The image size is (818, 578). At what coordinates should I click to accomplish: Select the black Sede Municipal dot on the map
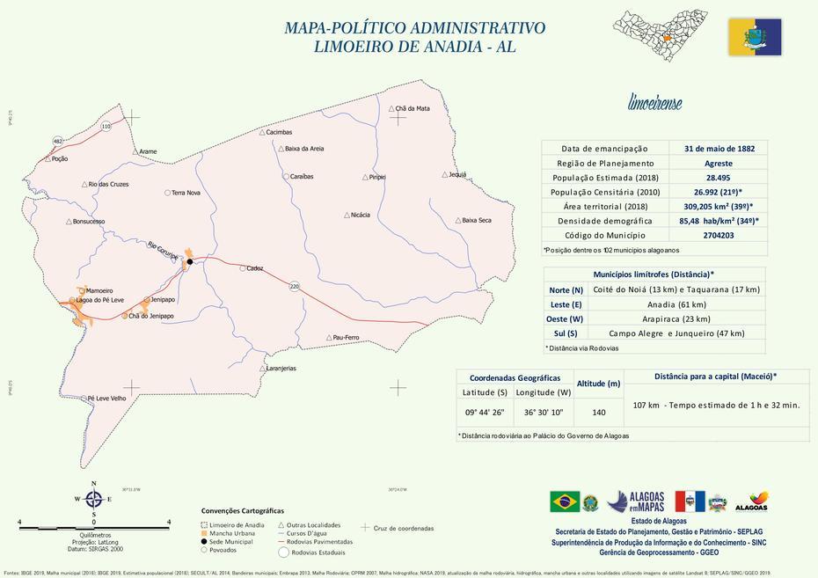tap(188, 261)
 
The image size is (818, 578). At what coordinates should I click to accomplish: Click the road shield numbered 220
tap(295, 287)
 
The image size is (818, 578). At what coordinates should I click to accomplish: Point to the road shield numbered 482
tap(58, 141)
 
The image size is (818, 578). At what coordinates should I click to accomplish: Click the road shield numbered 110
tap(106, 127)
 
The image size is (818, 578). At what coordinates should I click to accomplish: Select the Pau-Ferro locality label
tap(346, 338)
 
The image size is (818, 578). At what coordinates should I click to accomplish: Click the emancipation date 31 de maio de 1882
tap(719, 149)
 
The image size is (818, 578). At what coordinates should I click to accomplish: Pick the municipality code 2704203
tap(719, 235)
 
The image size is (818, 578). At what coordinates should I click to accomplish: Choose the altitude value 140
tap(599, 412)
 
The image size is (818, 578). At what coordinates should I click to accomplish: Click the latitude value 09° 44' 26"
tap(485, 412)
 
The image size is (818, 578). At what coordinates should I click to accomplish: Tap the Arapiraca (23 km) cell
tap(676, 318)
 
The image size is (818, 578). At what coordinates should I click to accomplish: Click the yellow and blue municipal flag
tap(755, 37)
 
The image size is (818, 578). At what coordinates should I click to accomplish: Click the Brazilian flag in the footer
tap(565, 501)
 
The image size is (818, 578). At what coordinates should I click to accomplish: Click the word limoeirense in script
tap(654, 103)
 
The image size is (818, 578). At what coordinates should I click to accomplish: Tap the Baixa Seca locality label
tap(476, 220)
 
